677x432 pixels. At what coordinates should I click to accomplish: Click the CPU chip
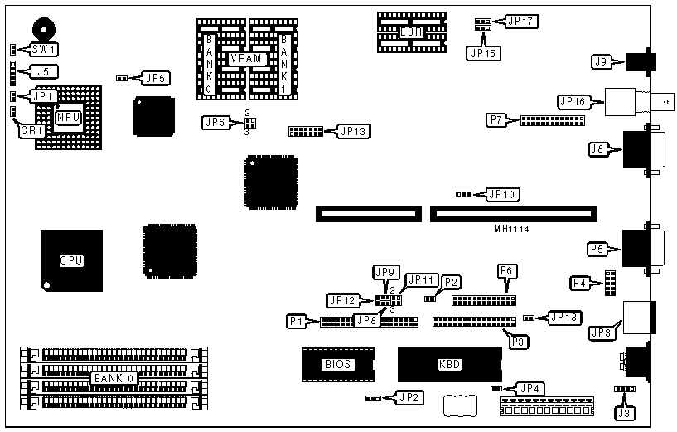[x=71, y=260]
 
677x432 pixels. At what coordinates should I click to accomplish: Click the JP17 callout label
[x=520, y=22]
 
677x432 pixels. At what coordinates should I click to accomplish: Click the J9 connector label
[x=601, y=61]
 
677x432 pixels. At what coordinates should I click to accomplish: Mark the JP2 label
[x=409, y=397]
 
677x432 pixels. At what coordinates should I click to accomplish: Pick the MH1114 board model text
[x=510, y=228]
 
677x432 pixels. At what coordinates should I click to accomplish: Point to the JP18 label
[x=563, y=317]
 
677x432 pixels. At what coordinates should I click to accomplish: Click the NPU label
[x=67, y=118]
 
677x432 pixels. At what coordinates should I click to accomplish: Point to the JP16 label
[x=573, y=102]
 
